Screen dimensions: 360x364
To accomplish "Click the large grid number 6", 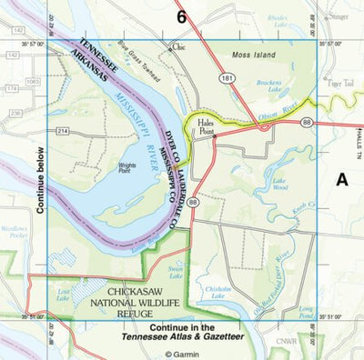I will [182, 15].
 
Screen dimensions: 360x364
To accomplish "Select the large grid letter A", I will [343, 180].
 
